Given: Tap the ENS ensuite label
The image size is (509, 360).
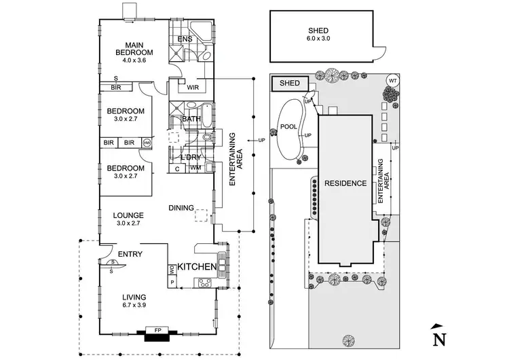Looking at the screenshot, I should tap(185, 39).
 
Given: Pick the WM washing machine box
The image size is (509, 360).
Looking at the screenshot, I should tap(195, 168).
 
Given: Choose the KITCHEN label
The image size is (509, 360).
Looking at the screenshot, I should tap(198, 268).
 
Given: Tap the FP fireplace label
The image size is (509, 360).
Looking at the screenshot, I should tap(156, 331).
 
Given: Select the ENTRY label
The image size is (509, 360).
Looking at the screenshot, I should tap(130, 254).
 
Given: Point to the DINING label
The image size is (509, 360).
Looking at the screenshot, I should tap(182, 208).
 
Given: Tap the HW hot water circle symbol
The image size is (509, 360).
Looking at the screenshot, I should tap(147, 143).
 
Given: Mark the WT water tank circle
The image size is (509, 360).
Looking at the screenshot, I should tap(392, 81).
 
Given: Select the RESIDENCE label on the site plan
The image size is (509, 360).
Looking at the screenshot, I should tap(345, 183).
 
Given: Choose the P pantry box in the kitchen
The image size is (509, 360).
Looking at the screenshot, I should tap(172, 282).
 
